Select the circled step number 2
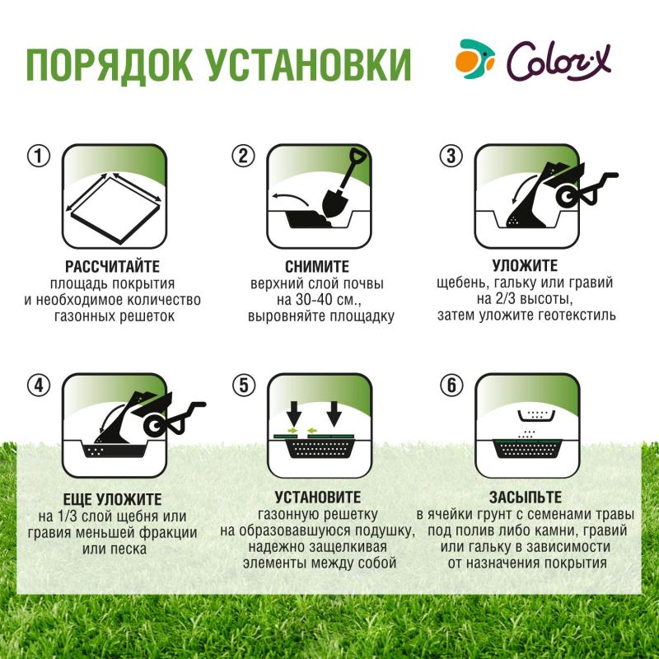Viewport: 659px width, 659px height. coord(241,157)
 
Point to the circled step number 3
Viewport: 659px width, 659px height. coord(449,157)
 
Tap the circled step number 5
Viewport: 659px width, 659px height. coord(241,385)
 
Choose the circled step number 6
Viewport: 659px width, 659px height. coord(449,385)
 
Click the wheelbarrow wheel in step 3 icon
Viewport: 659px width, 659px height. coord(568,195)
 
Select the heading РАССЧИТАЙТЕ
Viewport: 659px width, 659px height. coord(112,266)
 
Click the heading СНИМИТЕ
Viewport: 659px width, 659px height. coord(317,266)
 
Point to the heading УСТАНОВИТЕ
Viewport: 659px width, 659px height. coord(317,497)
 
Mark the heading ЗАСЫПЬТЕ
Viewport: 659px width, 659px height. coord(525,497)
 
